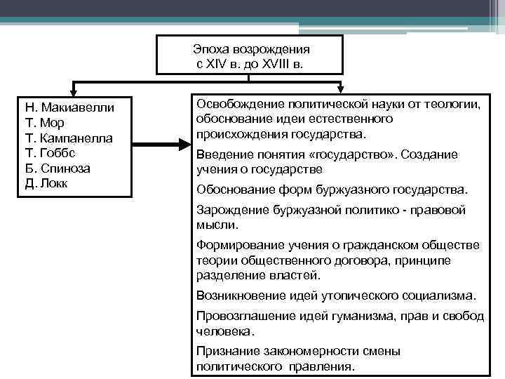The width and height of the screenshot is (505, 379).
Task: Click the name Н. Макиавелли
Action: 69,108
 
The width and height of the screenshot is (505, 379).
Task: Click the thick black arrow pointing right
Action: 161,145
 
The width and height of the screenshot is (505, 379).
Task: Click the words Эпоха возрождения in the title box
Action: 251,51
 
